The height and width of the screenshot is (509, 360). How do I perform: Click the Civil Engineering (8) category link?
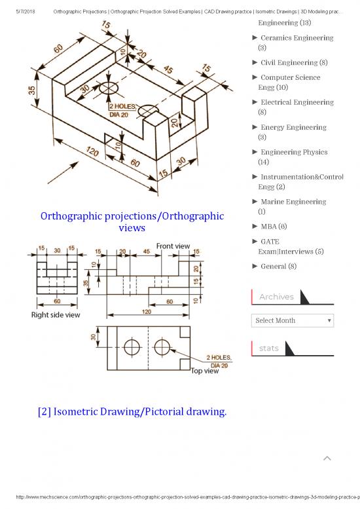(x=293, y=63)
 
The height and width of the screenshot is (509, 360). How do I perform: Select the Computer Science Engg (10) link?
(x=290, y=82)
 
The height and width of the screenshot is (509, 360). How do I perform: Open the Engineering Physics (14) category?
(x=293, y=157)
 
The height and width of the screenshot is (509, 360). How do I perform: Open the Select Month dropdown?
(x=293, y=320)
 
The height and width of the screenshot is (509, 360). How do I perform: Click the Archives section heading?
(x=276, y=297)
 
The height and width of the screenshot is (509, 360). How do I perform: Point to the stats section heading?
(x=268, y=349)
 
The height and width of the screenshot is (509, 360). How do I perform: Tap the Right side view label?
(x=56, y=314)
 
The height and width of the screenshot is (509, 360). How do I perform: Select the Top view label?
(x=204, y=371)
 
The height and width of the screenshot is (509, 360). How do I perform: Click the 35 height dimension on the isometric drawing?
(x=32, y=90)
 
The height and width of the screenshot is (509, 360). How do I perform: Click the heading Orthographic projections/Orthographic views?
(x=131, y=222)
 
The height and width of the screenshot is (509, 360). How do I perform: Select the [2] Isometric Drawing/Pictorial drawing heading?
(x=132, y=411)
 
